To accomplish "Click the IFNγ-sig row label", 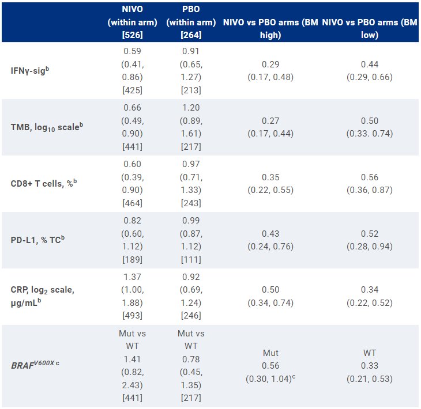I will [x=29, y=71].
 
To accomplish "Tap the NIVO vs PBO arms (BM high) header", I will [x=270, y=28].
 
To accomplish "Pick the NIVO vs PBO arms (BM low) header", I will [x=369, y=28].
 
